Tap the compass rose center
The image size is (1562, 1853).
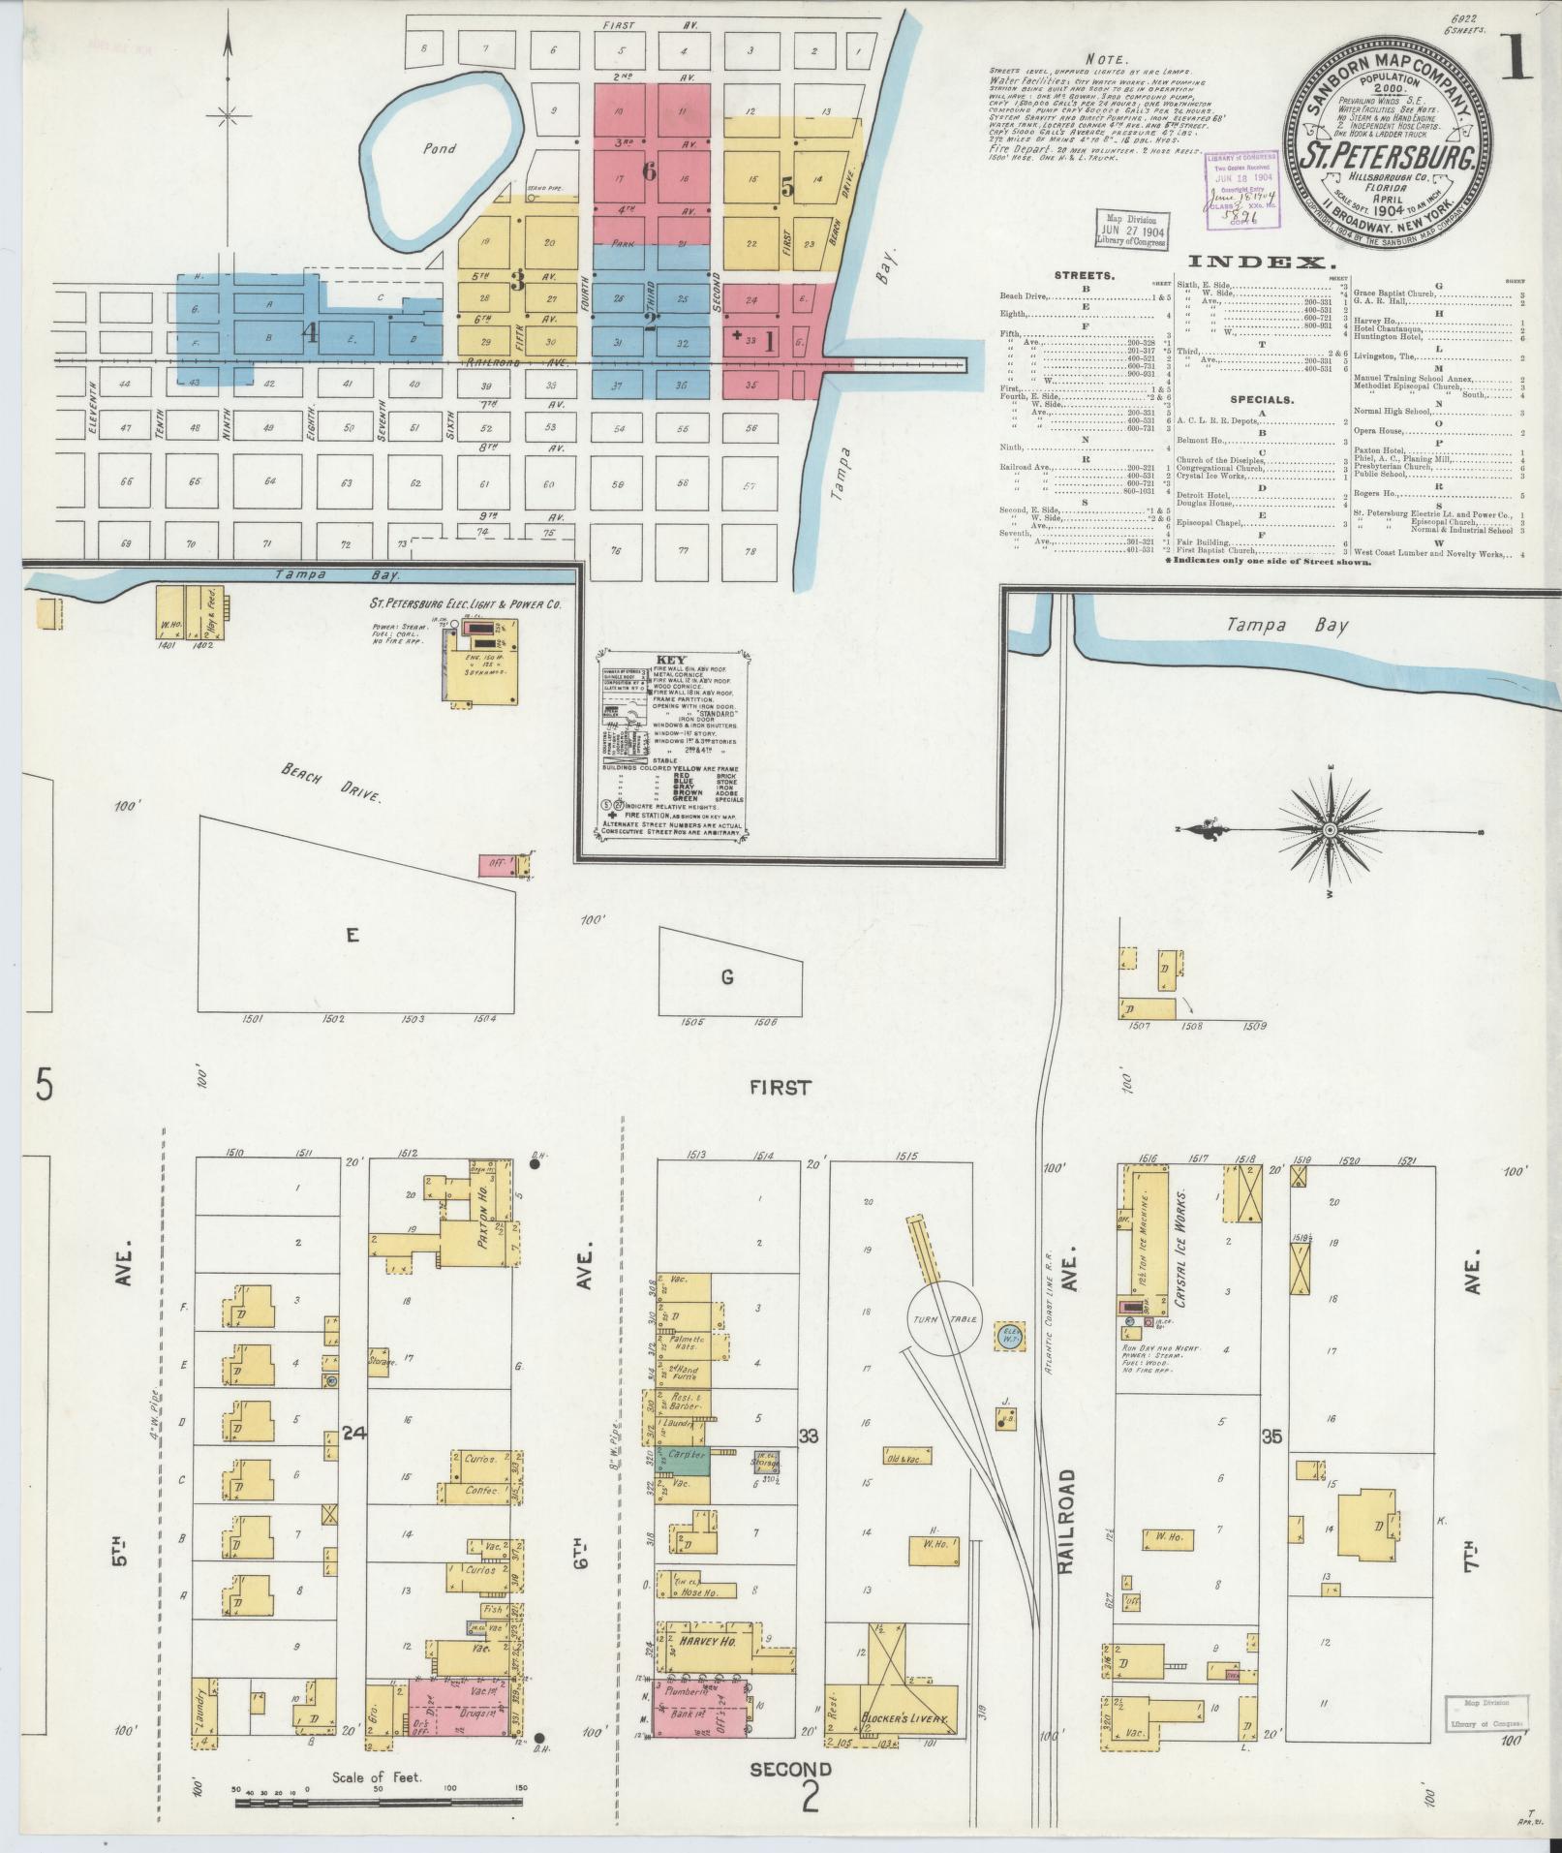pyautogui.click(x=1331, y=830)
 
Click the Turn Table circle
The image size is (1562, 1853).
pyautogui.click(x=944, y=1320)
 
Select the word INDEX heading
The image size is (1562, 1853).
pyautogui.click(x=1255, y=262)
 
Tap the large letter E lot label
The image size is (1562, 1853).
pyautogui.click(x=352, y=935)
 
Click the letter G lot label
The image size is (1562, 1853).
pyautogui.click(x=726, y=977)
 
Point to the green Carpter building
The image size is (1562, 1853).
pyautogui.click(x=682, y=1483)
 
